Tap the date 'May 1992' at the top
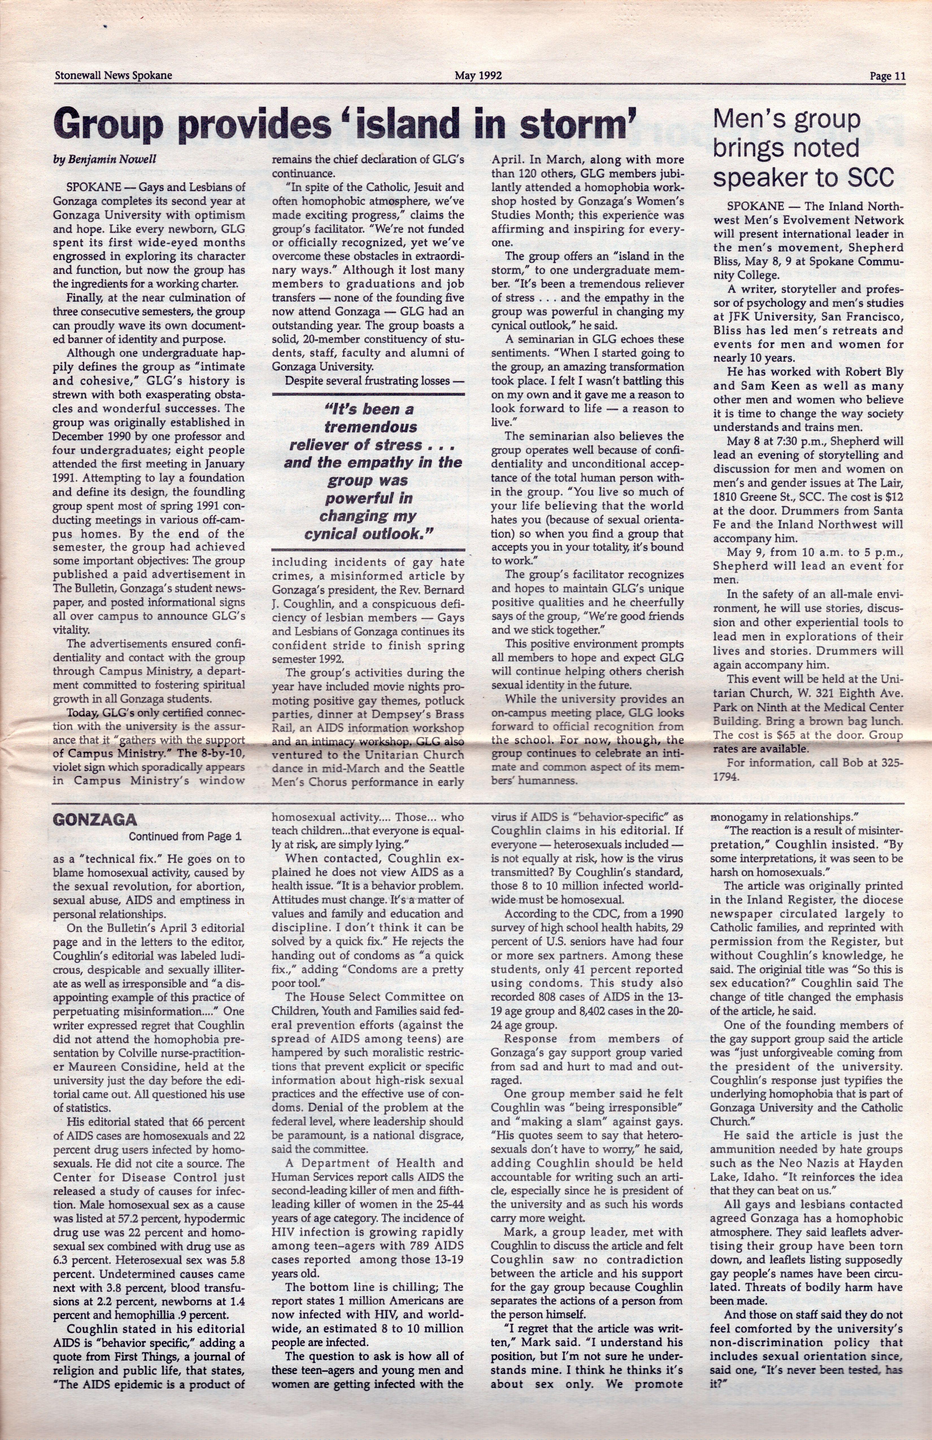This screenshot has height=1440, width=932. (479, 76)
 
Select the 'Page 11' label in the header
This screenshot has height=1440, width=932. (887, 76)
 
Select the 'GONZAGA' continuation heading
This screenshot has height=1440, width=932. (94, 820)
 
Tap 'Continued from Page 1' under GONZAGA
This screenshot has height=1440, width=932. (185, 837)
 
